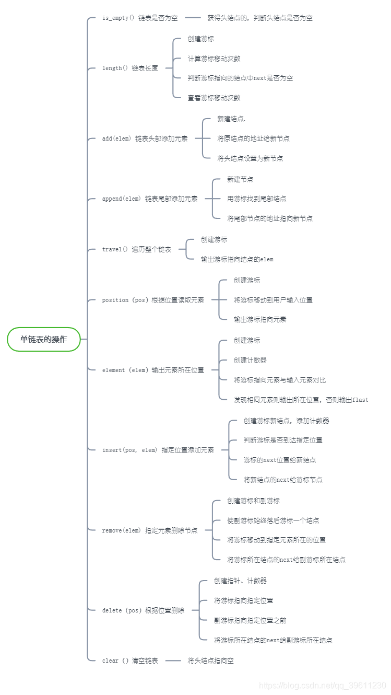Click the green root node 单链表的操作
[x=44, y=339]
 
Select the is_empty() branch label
[x=140, y=18]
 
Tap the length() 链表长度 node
[x=130, y=68]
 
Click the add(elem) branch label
[x=145, y=138]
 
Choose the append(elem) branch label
[x=150, y=199]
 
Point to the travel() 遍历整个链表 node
[x=137, y=249]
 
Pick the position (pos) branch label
[x=153, y=300]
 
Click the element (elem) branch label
[x=153, y=370]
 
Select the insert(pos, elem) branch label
[x=158, y=450]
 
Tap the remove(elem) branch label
[x=150, y=530]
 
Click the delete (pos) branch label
[x=143, y=610]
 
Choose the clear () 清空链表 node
[x=130, y=661]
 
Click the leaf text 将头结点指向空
[x=211, y=661]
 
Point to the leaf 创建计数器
[x=250, y=360]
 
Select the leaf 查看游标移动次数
[x=214, y=98]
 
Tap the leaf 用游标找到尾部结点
[x=256, y=199]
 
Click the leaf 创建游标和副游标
[x=253, y=501]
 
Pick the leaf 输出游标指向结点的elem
[x=237, y=259]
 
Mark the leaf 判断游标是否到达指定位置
[x=283, y=440]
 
